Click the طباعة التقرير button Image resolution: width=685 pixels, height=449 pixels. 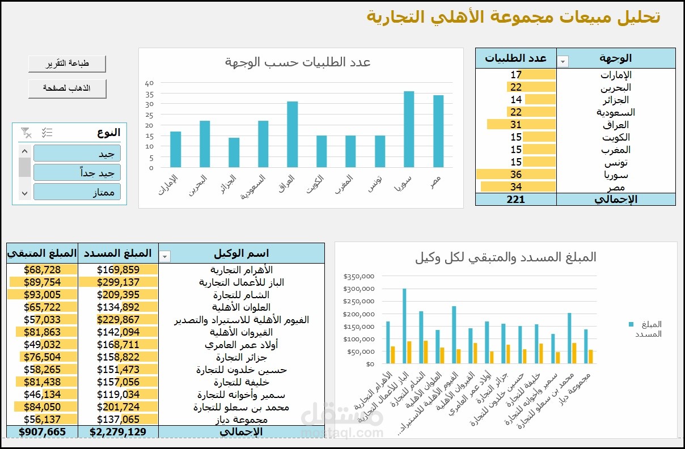pyautogui.click(x=67, y=64)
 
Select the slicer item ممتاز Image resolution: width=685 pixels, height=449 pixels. pyautogui.click(x=77, y=192)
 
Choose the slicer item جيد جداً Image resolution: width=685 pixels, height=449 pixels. pyautogui.click(x=77, y=173)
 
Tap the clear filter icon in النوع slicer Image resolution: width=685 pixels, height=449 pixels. pyautogui.click(x=26, y=133)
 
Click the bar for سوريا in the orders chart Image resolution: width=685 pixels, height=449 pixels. pyautogui.click(x=409, y=129)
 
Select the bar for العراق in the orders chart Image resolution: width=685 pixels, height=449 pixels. pyautogui.click(x=292, y=134)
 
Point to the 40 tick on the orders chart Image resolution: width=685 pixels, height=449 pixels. pyautogui.click(x=150, y=83)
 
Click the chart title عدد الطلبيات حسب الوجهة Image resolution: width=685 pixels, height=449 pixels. pyautogui.click(x=298, y=62)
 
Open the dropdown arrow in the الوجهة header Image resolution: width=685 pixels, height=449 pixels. pyautogui.click(x=563, y=61)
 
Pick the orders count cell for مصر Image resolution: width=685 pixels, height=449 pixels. pyautogui.click(x=516, y=187)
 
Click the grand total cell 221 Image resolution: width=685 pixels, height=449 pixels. pyautogui.click(x=516, y=200)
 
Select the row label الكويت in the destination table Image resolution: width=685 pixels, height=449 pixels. pyautogui.click(x=616, y=137)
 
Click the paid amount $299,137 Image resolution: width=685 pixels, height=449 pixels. pyautogui.click(x=118, y=282)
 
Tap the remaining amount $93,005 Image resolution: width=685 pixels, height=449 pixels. pyautogui.click(x=42, y=295)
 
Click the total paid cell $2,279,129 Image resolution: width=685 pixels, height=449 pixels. pyautogui.click(x=118, y=432)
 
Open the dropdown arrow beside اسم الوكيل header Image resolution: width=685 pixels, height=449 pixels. pyautogui.click(x=165, y=257)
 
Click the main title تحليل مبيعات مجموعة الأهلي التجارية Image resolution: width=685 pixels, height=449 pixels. pyautogui.click(x=513, y=17)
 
